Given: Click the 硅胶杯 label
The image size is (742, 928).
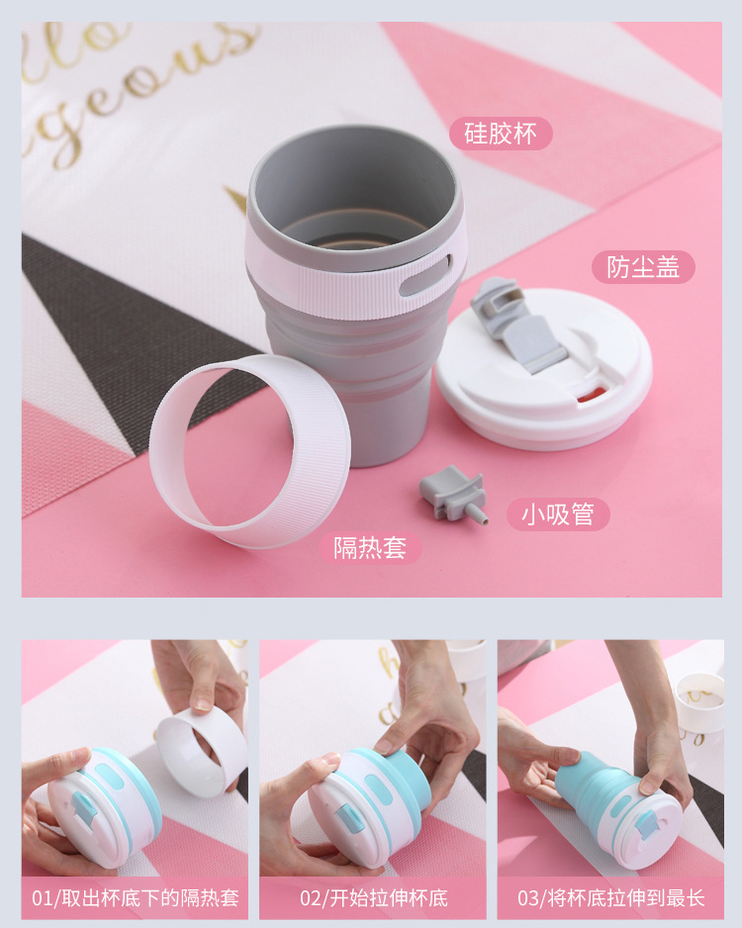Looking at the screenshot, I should [x=501, y=134].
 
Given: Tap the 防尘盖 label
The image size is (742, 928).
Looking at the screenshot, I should [x=643, y=267].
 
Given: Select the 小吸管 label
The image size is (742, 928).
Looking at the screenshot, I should [x=559, y=514].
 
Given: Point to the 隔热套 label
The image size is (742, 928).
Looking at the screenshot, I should [x=370, y=547].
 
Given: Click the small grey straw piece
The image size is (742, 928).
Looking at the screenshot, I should [x=452, y=492].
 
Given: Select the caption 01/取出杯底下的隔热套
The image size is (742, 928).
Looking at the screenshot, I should [x=136, y=898].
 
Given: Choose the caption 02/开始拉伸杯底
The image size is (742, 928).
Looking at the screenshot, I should [x=373, y=898].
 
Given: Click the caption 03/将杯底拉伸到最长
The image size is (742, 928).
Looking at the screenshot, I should [x=610, y=898].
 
